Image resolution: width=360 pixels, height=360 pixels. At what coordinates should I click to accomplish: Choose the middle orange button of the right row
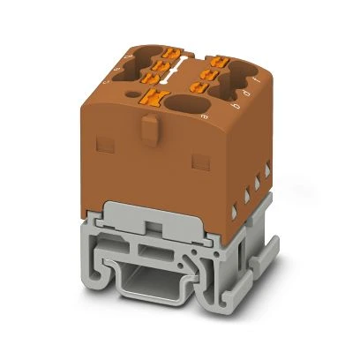pyautogui.click(x=206, y=68)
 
